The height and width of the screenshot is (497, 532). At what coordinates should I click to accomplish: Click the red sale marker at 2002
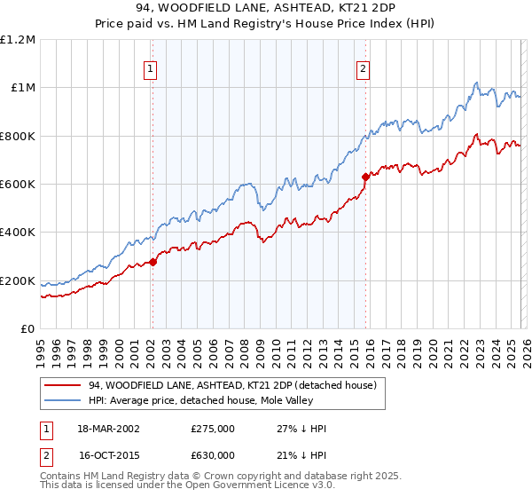(x=153, y=262)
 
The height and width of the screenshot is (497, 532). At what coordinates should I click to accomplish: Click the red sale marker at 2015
(x=365, y=177)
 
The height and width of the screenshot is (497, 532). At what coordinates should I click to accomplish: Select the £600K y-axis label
(x=18, y=185)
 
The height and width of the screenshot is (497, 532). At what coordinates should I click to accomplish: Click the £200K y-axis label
(x=18, y=281)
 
